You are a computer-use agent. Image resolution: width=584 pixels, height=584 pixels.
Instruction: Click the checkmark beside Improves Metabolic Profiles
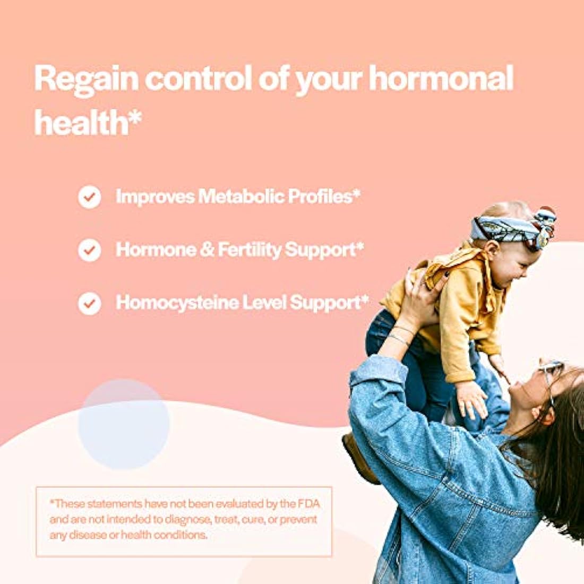coord(89,197)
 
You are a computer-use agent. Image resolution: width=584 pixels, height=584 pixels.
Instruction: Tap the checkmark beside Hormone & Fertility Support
coord(89,250)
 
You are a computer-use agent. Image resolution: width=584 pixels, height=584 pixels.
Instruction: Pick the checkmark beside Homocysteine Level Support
coord(89,304)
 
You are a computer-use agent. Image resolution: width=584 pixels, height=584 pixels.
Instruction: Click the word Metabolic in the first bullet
coord(242,196)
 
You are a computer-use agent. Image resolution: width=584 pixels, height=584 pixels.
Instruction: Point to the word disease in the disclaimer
coord(93,535)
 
